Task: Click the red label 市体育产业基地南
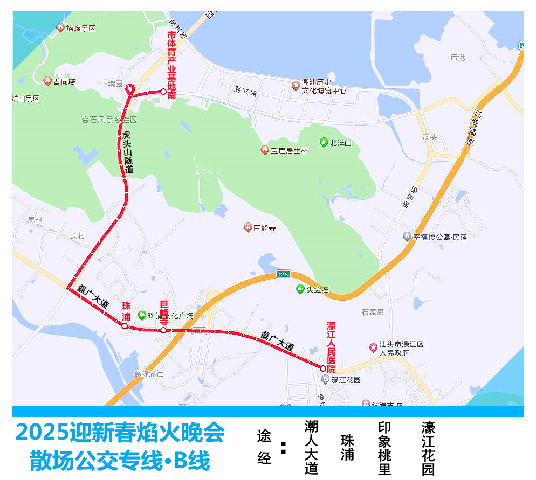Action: tap(172, 65)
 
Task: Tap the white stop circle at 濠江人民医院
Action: tap(323, 369)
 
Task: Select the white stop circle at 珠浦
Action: tap(125, 326)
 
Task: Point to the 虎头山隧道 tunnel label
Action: tap(128, 151)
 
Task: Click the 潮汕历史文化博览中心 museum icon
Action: tap(296, 86)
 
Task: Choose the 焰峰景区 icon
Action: tap(60, 28)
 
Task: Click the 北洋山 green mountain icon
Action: tap(323, 142)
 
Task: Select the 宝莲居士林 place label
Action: tap(289, 151)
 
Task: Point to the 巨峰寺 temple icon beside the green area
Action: tap(248, 228)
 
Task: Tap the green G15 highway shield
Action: tap(283, 274)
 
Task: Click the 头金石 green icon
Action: tap(300, 289)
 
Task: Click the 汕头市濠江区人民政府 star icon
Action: tap(373, 347)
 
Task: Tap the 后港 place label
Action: tap(457, 57)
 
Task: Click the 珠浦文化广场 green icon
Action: tap(142, 315)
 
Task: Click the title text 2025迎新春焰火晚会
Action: tap(120, 432)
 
